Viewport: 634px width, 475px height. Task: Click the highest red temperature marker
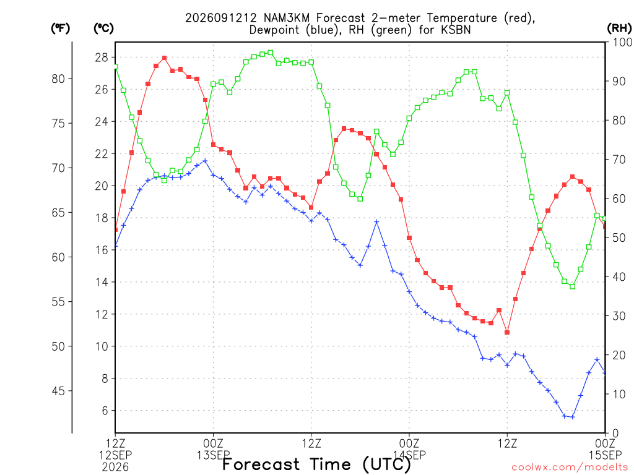pyautogui.click(x=164, y=58)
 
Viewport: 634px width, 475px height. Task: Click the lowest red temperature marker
pyautogui.click(x=507, y=332)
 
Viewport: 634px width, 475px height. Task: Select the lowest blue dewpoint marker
pyautogui.click(x=572, y=417)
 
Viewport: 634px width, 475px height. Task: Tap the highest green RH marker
pyautogui.click(x=271, y=53)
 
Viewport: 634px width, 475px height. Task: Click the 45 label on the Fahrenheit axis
pyautogui.click(x=58, y=391)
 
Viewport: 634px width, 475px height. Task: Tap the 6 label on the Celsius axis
pyautogui.click(x=105, y=411)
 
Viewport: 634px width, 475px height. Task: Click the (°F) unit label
pyautogui.click(x=61, y=28)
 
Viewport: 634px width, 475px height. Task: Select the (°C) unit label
pyautogui.click(x=104, y=28)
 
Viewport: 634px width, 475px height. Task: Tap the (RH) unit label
pyautogui.click(x=619, y=28)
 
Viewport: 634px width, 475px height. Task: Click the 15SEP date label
pyautogui.click(x=606, y=455)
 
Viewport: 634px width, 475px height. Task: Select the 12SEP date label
pyautogui.click(x=116, y=455)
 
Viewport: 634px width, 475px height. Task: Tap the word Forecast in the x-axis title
pyautogui.click(x=261, y=464)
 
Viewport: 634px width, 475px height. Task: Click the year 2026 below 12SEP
pyautogui.click(x=116, y=468)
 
